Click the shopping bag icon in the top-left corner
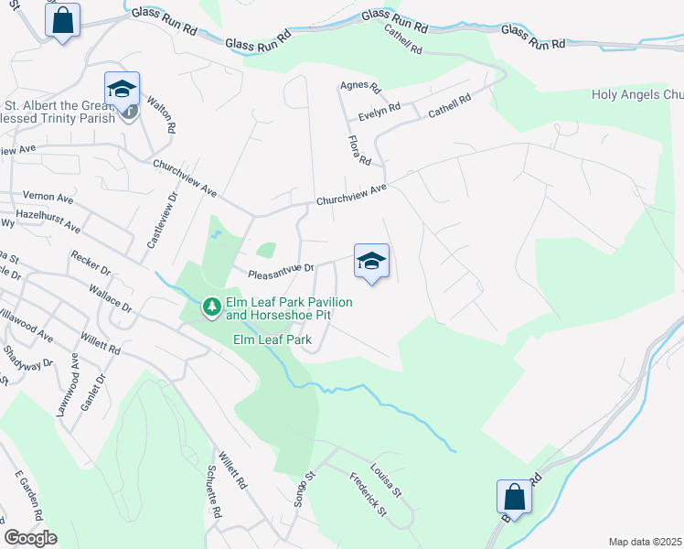pyautogui.click(x=62, y=20)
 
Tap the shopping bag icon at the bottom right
pyautogui.click(x=515, y=497)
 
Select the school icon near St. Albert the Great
pyautogui.click(x=122, y=89)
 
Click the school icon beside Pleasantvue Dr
pyautogui.click(x=371, y=262)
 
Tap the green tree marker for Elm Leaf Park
pyautogui.click(x=211, y=306)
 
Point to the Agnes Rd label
pyautogui.click(x=359, y=87)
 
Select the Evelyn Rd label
pyautogui.click(x=379, y=109)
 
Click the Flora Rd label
pyautogui.click(x=359, y=150)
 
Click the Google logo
pyautogui.click(x=30, y=538)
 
